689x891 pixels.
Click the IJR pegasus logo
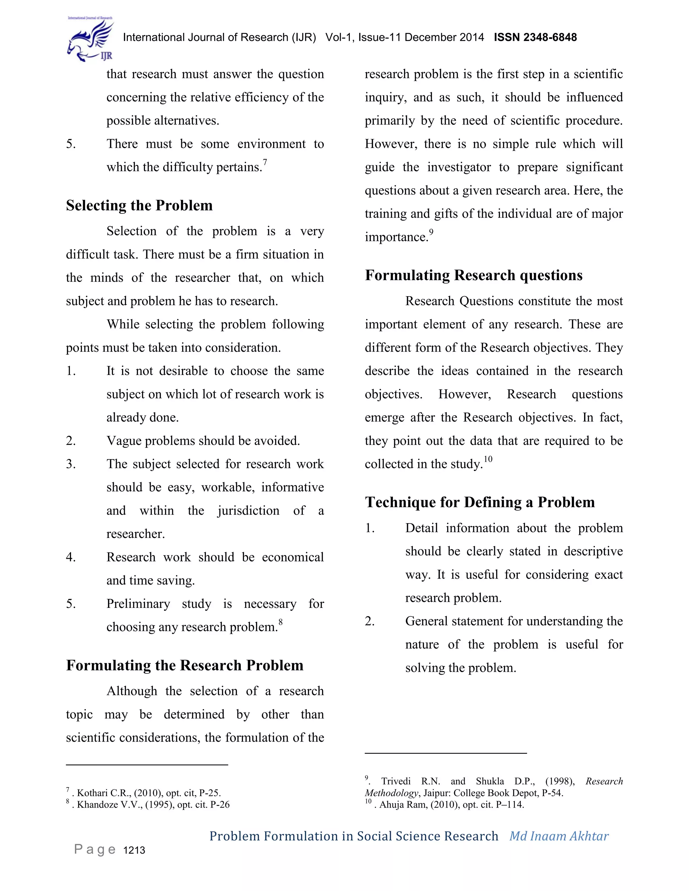(x=90, y=39)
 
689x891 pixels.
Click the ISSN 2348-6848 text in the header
(x=535, y=38)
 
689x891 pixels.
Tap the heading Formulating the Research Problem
(x=184, y=665)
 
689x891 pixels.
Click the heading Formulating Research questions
(x=473, y=275)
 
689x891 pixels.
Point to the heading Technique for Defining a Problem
(x=480, y=502)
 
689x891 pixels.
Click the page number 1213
(x=134, y=850)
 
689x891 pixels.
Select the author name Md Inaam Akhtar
(x=559, y=836)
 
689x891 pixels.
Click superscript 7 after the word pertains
(x=265, y=162)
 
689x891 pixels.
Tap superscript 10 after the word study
(x=488, y=459)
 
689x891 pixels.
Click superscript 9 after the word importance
(x=431, y=233)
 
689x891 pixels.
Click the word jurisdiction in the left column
(x=248, y=511)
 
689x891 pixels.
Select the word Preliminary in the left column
(x=138, y=604)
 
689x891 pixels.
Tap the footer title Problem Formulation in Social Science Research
(x=354, y=836)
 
